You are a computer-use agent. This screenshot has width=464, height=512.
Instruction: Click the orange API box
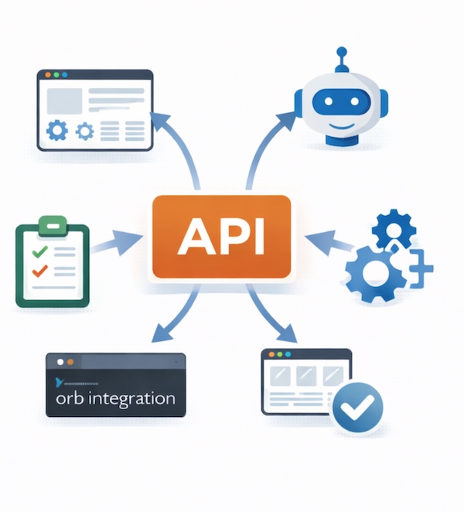pyautogui.click(x=222, y=236)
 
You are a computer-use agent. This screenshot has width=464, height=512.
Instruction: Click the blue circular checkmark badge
pyautogui.click(x=358, y=406)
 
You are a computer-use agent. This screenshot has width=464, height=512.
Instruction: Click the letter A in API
pyautogui.click(x=192, y=236)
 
